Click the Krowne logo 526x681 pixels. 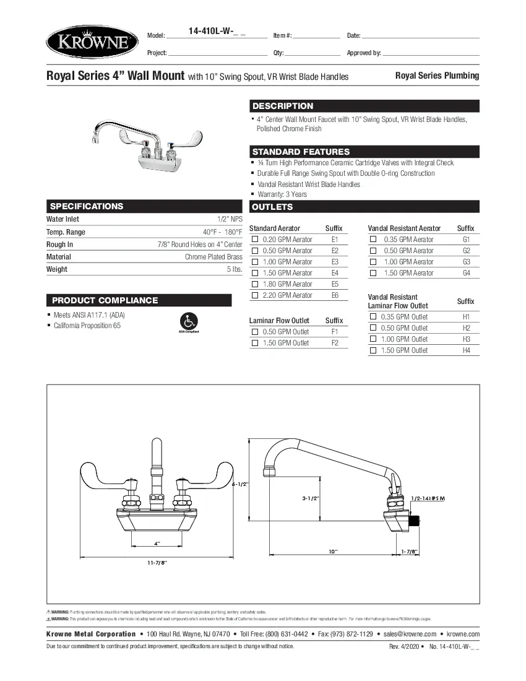pyautogui.click(x=92, y=42)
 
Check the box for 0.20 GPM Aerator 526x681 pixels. pyautogui.click(x=254, y=240)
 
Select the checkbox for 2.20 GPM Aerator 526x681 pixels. pyautogui.click(x=254, y=295)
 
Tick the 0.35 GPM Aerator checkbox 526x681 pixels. pyautogui.click(x=373, y=240)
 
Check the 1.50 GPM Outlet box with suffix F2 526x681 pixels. pyautogui.click(x=254, y=343)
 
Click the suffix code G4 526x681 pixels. pyautogui.click(x=466, y=273)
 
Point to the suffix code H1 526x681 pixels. pyautogui.click(x=466, y=317)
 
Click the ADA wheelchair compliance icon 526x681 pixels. pyautogui.click(x=189, y=321)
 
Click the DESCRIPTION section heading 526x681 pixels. pyautogui.click(x=283, y=106)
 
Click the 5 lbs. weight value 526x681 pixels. pyautogui.click(x=234, y=269)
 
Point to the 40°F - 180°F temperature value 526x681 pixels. pyautogui.click(x=222, y=232)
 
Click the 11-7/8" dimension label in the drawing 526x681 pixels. pyautogui.click(x=157, y=562)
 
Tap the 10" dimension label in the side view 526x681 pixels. pyautogui.click(x=333, y=551)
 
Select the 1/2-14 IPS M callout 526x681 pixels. pyautogui.click(x=428, y=498)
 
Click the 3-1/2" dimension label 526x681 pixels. pyautogui.click(x=310, y=498)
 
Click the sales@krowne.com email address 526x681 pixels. pyautogui.click(x=410, y=634)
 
